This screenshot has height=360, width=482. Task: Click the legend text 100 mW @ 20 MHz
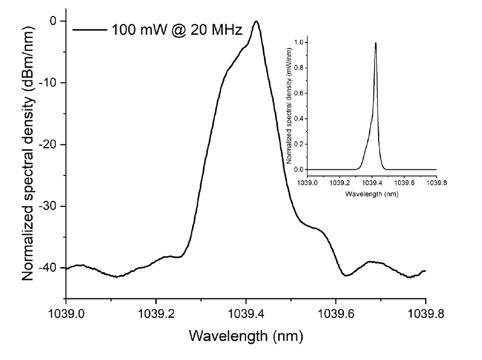177,29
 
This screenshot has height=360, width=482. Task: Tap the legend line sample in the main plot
91,29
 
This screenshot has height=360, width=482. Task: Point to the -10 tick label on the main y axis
49,83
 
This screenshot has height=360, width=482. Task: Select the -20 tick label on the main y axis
49,145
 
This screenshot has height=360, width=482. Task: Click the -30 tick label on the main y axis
49,206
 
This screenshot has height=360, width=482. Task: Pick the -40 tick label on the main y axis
49,268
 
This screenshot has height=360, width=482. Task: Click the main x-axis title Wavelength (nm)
246,337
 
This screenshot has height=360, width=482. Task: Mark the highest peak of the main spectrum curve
256,22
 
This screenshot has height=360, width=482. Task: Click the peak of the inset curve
376,43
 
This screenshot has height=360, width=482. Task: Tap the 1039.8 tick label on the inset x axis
436,182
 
